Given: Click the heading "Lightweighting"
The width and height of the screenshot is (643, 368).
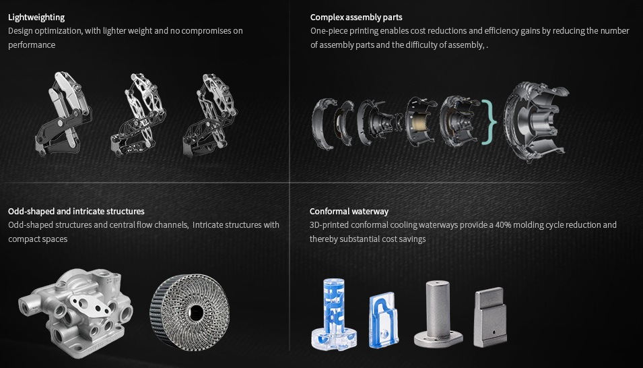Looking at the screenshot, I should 36,17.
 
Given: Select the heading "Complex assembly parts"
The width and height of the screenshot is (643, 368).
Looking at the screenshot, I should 356,17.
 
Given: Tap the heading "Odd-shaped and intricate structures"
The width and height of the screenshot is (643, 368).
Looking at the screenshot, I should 76,211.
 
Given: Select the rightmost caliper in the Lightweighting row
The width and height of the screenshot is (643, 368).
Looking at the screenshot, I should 210,115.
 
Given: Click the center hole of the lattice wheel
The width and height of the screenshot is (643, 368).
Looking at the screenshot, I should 196,312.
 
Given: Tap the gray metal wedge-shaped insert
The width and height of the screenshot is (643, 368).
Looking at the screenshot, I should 490,317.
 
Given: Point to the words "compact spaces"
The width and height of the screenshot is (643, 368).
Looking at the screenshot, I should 38,239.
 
